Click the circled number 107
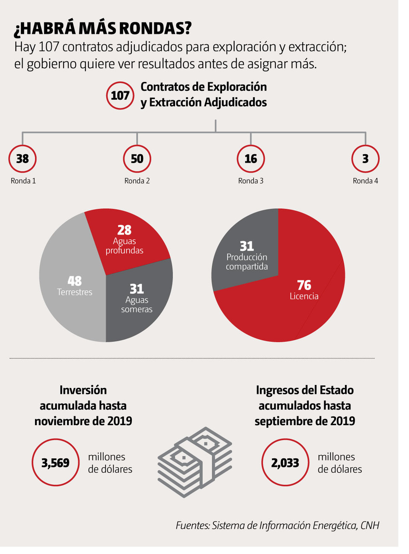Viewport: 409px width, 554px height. pos(120,95)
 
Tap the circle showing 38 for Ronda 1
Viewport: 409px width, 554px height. pos(22,159)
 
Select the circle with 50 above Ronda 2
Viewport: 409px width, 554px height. pos(137,159)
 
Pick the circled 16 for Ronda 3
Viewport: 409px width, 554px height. pos(251,159)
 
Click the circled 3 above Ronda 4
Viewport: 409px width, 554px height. pos(365,159)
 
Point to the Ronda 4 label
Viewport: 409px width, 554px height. pos(365,181)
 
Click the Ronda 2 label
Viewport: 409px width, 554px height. pos(137,181)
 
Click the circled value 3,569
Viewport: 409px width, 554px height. pos(56,463)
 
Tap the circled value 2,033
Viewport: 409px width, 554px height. pos(285,463)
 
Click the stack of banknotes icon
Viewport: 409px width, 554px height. pos(195,462)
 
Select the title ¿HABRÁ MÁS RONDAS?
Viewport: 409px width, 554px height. pos(103,28)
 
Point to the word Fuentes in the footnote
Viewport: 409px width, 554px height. pos(193,525)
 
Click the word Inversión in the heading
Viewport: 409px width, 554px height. pos(83,390)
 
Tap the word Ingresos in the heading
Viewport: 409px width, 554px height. pos(276,390)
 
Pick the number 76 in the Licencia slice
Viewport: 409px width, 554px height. pos(304,285)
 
